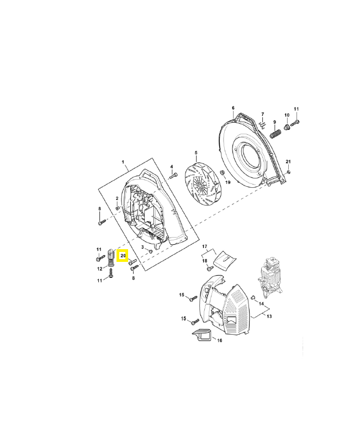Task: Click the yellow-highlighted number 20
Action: pos(123,256)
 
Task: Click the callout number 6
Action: pos(233,108)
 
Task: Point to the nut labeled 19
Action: pos(221,173)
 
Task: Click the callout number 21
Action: pos(288,161)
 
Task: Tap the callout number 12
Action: pos(100,269)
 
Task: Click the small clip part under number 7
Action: pos(263,124)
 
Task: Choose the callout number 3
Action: pos(142,247)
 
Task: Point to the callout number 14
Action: pos(261,304)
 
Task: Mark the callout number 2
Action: pos(117,198)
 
